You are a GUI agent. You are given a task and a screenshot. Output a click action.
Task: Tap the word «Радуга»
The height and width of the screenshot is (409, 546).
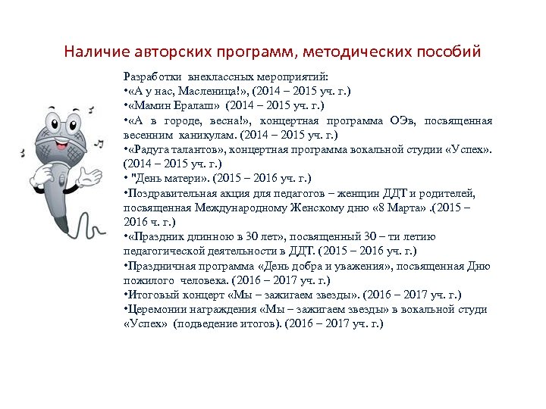[152, 150]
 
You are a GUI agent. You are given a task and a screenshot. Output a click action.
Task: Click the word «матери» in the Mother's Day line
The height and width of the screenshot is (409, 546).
[181, 179]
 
